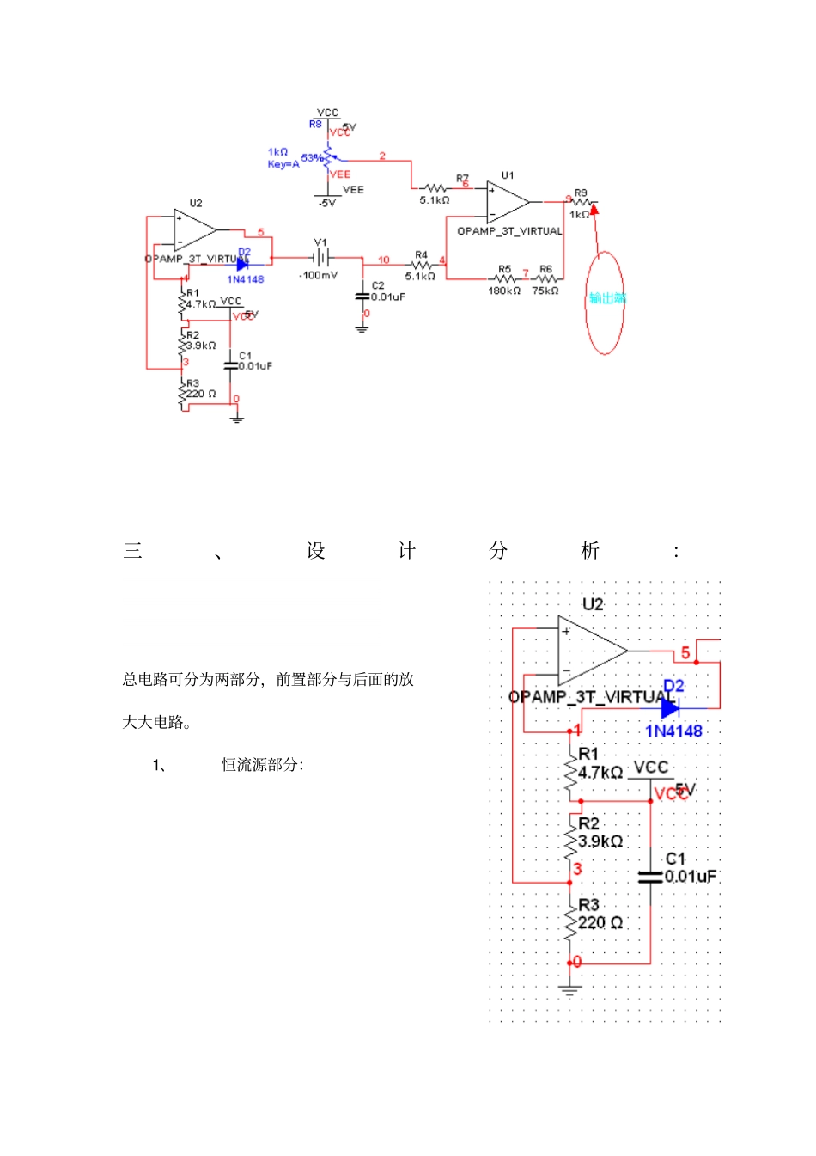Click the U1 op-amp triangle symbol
[507, 202]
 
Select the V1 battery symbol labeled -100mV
[320, 257]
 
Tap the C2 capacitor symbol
[362, 297]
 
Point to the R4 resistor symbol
[421, 266]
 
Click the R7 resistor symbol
[435, 188]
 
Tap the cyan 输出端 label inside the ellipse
[606, 298]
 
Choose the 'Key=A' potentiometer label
[283, 164]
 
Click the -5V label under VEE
[326, 204]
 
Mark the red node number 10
[383, 260]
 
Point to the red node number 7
[526, 273]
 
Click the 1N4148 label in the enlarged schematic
[673, 731]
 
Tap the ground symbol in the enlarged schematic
[569, 989]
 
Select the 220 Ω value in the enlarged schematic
[600, 923]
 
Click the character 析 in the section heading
[589, 551]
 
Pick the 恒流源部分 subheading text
[262, 765]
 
